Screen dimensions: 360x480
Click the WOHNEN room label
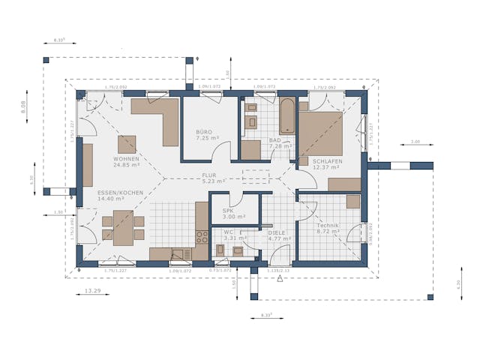tap(127, 160)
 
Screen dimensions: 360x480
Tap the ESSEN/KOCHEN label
tap(120, 193)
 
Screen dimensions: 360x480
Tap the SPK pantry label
tap(228, 211)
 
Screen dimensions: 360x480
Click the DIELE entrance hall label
tap(277, 233)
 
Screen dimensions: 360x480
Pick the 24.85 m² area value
tap(127, 167)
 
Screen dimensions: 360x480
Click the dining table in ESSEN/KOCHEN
tap(119, 227)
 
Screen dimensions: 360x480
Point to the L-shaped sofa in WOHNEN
tap(161, 116)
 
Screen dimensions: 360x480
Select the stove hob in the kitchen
tap(202, 237)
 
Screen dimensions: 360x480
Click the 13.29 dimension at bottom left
tap(92, 289)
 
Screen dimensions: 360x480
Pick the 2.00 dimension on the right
tap(415, 141)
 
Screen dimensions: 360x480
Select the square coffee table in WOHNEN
tap(126, 144)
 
